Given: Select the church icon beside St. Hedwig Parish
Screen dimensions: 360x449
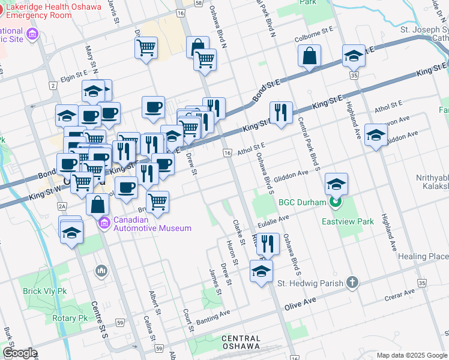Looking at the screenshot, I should (x=352, y=283).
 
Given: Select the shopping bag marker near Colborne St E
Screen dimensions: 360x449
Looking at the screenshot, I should (x=309, y=56).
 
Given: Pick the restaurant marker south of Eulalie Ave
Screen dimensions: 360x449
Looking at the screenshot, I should (x=268, y=243).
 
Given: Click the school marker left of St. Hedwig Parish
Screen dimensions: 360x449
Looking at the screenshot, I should (x=261, y=271).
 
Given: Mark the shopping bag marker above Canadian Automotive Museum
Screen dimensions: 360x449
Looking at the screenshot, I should (x=97, y=204).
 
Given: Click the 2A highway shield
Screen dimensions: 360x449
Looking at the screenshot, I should (x=62, y=206).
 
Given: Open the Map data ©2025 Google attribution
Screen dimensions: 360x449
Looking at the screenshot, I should (x=411, y=355).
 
